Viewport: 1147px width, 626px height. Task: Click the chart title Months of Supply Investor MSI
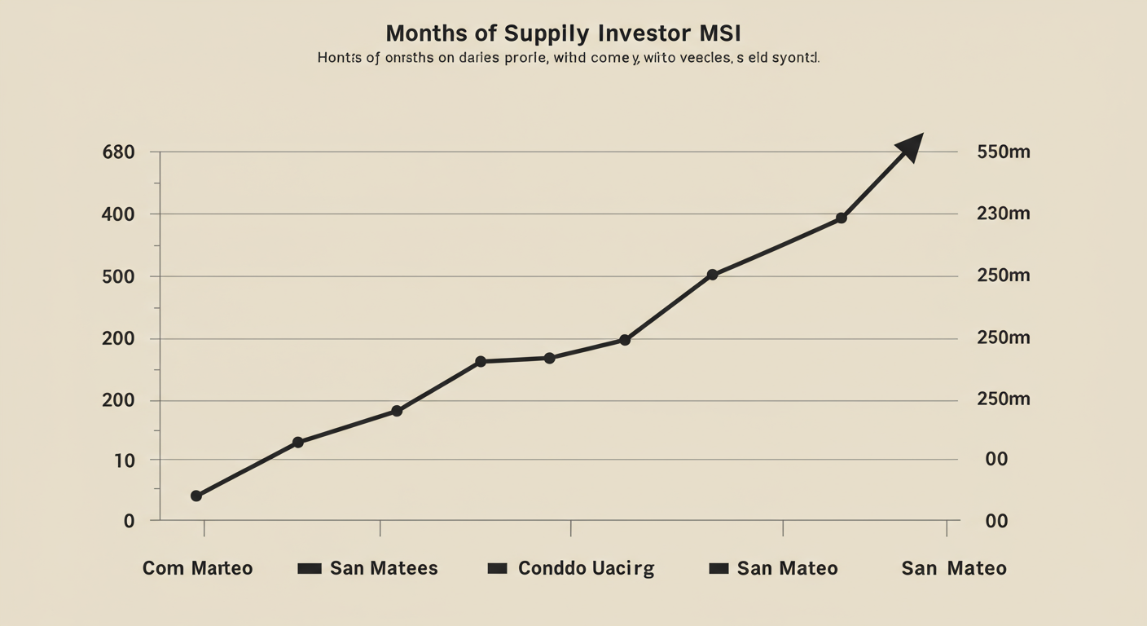tap(563, 33)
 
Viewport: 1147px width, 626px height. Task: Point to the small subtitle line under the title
tap(568, 59)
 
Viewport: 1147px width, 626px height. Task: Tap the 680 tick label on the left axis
tap(118, 152)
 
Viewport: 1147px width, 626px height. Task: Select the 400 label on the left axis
tap(118, 214)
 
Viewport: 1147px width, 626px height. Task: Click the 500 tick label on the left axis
tap(118, 276)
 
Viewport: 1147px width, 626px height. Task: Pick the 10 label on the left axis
tap(124, 461)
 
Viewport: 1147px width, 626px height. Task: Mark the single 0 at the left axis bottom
tap(129, 521)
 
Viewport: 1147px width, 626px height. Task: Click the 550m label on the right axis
tap(1003, 152)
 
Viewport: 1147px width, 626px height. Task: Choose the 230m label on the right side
tap(1003, 214)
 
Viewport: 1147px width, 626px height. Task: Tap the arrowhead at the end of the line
tap(911, 147)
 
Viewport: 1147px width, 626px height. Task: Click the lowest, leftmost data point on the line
tap(196, 496)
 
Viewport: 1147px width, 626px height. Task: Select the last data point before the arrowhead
tap(842, 218)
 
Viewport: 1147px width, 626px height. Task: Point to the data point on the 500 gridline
tap(712, 275)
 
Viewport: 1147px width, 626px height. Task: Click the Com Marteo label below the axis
tap(197, 568)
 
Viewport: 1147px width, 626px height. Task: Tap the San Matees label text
tap(384, 568)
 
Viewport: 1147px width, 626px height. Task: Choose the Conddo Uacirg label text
tap(586, 568)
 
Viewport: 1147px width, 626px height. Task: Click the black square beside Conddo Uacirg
tap(497, 568)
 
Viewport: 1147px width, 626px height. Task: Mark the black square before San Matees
tap(310, 568)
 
